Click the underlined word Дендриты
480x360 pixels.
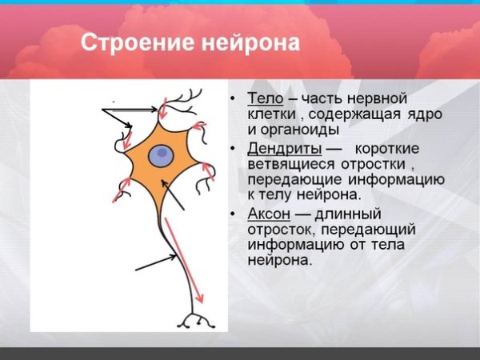coord(284,149)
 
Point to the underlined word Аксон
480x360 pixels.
coord(268,214)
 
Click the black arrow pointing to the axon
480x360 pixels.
coord(155,263)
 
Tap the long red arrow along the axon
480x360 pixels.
coord(182,257)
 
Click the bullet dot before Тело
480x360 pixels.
coord(233,99)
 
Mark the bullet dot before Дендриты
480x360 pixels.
coord(233,150)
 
